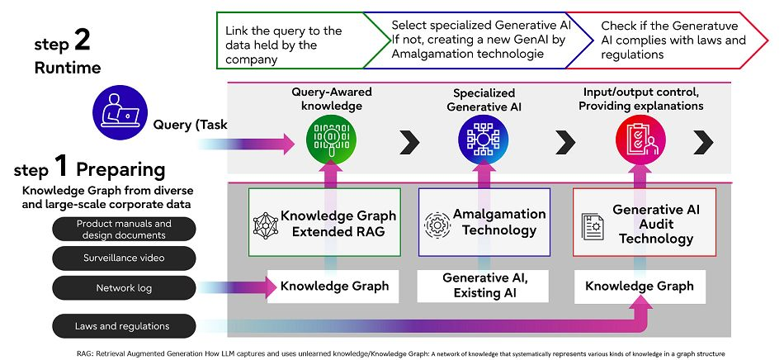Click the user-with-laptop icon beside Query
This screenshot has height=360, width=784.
[x=120, y=112]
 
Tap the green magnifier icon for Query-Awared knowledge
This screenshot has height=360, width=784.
[x=330, y=140]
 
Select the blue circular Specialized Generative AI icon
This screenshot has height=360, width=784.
[x=483, y=140]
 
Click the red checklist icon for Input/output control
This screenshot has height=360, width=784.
[x=640, y=140]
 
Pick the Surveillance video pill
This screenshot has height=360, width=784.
[x=124, y=258]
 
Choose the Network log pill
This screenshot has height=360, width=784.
[x=124, y=288]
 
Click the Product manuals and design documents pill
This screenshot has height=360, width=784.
[x=124, y=229]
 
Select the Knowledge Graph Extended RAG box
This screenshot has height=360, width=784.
[x=324, y=222]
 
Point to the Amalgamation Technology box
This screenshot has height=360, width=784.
[x=484, y=222]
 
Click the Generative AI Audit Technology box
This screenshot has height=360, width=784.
[x=645, y=222]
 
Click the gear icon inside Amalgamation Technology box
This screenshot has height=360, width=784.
[x=437, y=225]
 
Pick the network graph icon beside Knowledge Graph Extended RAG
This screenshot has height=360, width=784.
[x=265, y=225]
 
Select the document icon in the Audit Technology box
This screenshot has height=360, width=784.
[x=593, y=226]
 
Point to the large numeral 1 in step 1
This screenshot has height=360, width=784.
[x=60, y=167]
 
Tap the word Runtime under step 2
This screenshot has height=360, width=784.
[x=68, y=68]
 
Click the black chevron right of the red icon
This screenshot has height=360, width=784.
[x=703, y=142]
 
